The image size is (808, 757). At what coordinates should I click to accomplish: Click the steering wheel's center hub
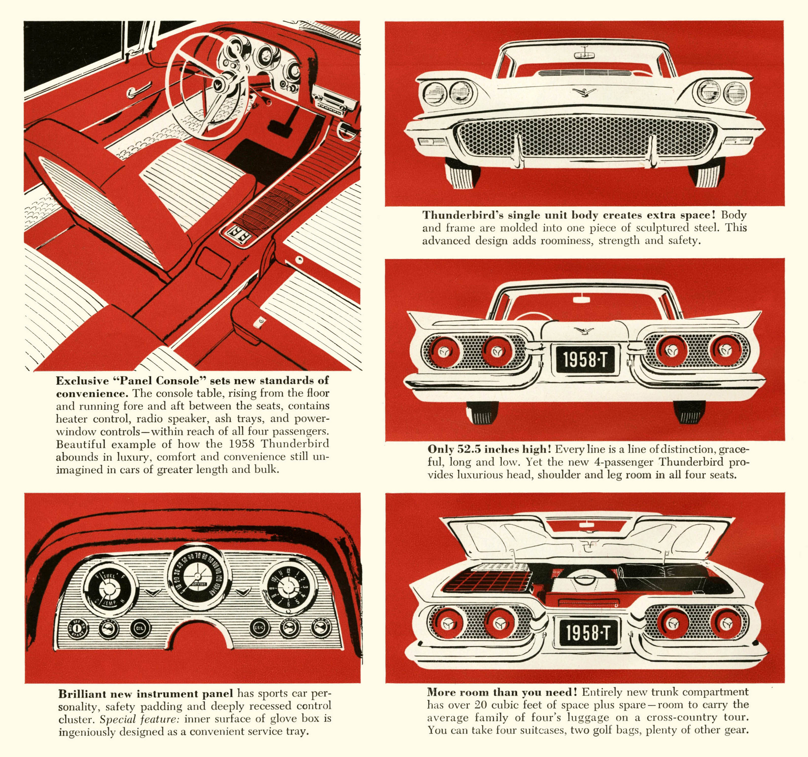point(223,84)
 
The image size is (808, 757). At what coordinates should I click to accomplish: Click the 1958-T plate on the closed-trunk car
point(583,360)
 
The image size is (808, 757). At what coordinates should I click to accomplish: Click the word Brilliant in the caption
point(81,694)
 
